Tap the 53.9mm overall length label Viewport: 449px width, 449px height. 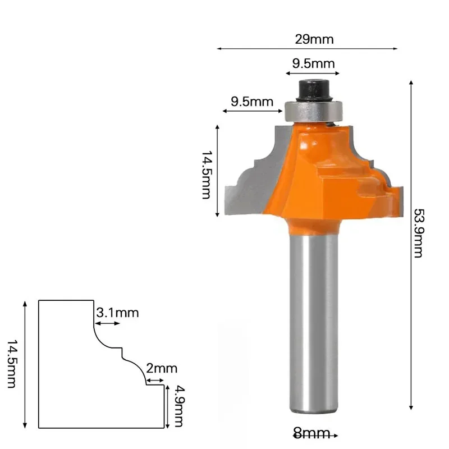click(x=419, y=233)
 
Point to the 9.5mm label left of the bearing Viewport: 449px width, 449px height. click(x=252, y=102)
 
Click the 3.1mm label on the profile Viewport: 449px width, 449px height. click(x=117, y=313)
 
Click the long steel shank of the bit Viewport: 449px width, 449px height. click(x=314, y=326)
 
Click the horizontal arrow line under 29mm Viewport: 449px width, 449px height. click(x=307, y=49)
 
